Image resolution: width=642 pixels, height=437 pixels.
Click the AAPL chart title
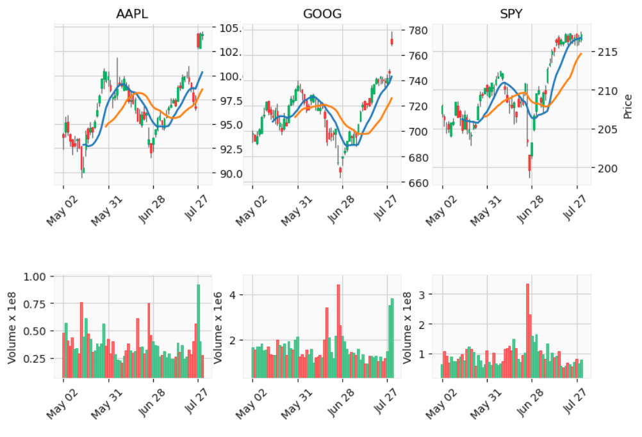pyautogui.click(x=132, y=14)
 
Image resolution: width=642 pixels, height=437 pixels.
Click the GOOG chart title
pyautogui.click(x=322, y=14)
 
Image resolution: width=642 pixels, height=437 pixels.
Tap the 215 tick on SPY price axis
pyautogui.click(x=605, y=51)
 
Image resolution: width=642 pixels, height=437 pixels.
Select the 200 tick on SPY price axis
pyautogui.click(x=605, y=168)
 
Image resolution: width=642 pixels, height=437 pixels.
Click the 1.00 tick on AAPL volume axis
pyautogui.click(x=36, y=276)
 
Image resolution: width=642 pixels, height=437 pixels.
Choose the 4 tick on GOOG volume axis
pyautogui.click(x=234, y=295)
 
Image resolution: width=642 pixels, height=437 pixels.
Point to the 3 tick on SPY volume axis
pyautogui.click(x=425, y=294)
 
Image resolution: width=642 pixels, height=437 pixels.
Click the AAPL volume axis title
pyautogui.click(x=13, y=327)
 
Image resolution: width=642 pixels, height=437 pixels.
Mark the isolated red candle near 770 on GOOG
pyautogui.click(x=391, y=42)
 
